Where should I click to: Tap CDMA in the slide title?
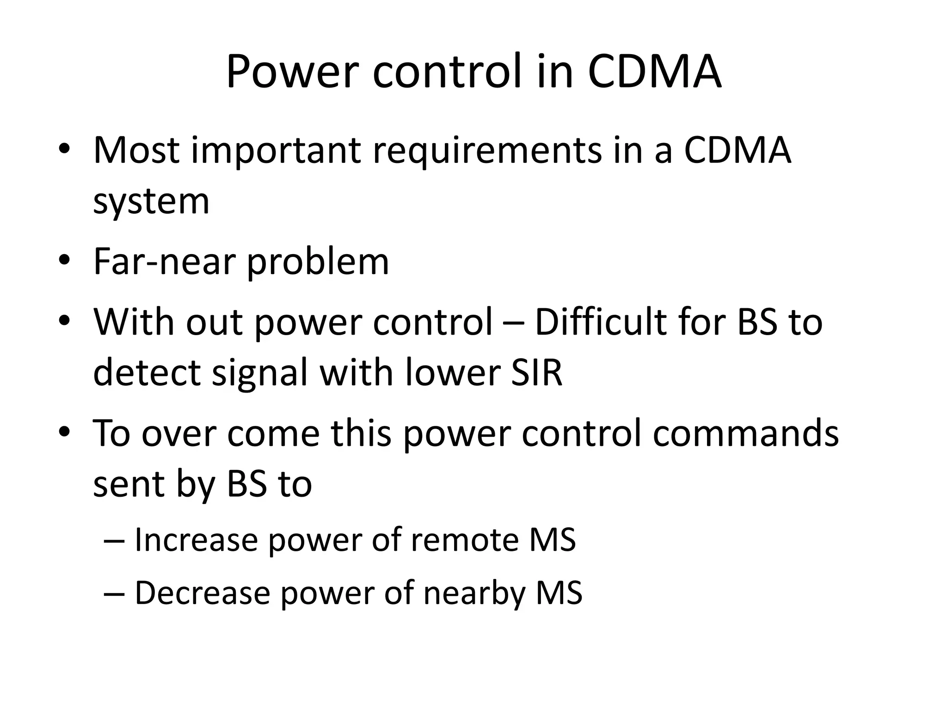(x=654, y=72)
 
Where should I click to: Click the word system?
(x=151, y=202)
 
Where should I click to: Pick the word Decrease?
(x=202, y=592)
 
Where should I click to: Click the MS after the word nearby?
(x=559, y=592)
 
